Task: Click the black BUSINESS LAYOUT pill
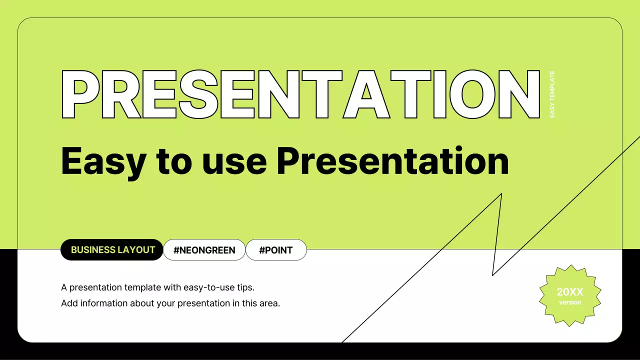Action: [x=111, y=249]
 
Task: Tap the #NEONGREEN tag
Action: [x=204, y=250]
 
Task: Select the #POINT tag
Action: [x=276, y=250]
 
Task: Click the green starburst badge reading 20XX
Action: [x=570, y=295]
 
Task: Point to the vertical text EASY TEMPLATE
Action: [x=552, y=94]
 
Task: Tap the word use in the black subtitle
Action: [x=234, y=163]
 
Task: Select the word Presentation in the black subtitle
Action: [x=393, y=160]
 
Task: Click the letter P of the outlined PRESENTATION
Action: [x=80, y=94]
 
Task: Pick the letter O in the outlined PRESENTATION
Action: [x=472, y=94]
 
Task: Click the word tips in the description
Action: [x=245, y=287]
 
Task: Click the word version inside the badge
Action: [x=570, y=302]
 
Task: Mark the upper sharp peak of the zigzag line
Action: [x=501, y=194]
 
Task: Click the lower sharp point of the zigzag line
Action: [x=492, y=275]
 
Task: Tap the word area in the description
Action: [x=269, y=303]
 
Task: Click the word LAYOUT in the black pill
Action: [x=136, y=250]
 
